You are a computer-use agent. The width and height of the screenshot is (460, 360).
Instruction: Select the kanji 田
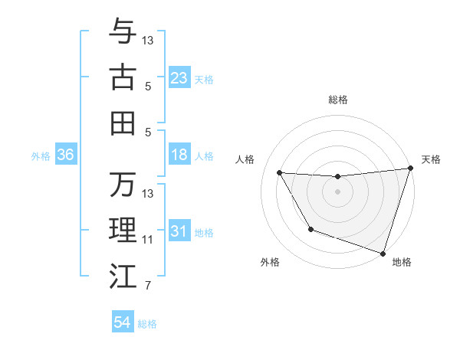[x=123, y=122]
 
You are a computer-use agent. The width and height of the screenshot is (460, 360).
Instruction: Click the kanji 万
[x=123, y=184]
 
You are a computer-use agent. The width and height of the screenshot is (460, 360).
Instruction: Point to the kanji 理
[x=123, y=230]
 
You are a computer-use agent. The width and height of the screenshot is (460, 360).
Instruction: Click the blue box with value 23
[x=179, y=78]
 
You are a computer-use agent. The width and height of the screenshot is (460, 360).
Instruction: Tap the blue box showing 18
[x=179, y=155]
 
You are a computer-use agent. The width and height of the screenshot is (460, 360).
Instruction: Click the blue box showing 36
[x=65, y=155]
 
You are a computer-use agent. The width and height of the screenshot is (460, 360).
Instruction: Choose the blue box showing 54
[x=123, y=322]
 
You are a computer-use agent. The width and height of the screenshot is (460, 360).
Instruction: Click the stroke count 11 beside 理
[x=148, y=240]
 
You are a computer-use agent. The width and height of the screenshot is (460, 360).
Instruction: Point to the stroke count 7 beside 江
[x=148, y=286]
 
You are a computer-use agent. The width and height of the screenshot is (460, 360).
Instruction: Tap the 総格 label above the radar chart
[x=337, y=100]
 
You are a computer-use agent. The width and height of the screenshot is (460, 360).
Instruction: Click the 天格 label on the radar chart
[x=431, y=159]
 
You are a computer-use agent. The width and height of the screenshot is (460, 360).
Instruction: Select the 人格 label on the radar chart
[x=246, y=159]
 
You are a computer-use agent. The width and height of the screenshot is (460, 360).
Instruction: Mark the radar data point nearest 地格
[x=383, y=253]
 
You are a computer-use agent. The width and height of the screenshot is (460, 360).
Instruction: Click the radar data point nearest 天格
[x=410, y=169]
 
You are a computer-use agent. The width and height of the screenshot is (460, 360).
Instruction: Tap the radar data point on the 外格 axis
[x=310, y=229]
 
